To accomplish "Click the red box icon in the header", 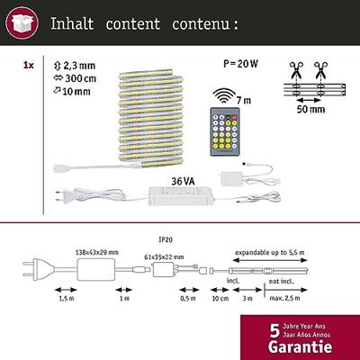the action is (x=22, y=22).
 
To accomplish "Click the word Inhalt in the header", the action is (x=72, y=23).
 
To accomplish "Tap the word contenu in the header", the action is (x=201, y=24).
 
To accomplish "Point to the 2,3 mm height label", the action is (x=75, y=66).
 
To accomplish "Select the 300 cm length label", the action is (x=75, y=78).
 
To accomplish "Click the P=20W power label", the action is (x=240, y=64).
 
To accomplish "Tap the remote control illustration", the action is (x=225, y=132).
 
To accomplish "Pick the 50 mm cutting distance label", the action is (x=310, y=109).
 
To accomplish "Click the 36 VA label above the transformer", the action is (x=183, y=181).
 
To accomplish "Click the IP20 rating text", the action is (x=166, y=239).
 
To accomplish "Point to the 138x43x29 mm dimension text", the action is (x=96, y=252).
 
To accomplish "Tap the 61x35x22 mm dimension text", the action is (x=164, y=257).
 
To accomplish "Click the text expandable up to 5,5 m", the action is (x=270, y=253).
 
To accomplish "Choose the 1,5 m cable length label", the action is (x=66, y=298).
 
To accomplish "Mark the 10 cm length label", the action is (x=220, y=299).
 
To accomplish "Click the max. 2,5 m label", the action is (x=284, y=298).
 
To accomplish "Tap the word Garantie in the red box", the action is (x=300, y=346).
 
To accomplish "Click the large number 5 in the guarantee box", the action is (x=274, y=331).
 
